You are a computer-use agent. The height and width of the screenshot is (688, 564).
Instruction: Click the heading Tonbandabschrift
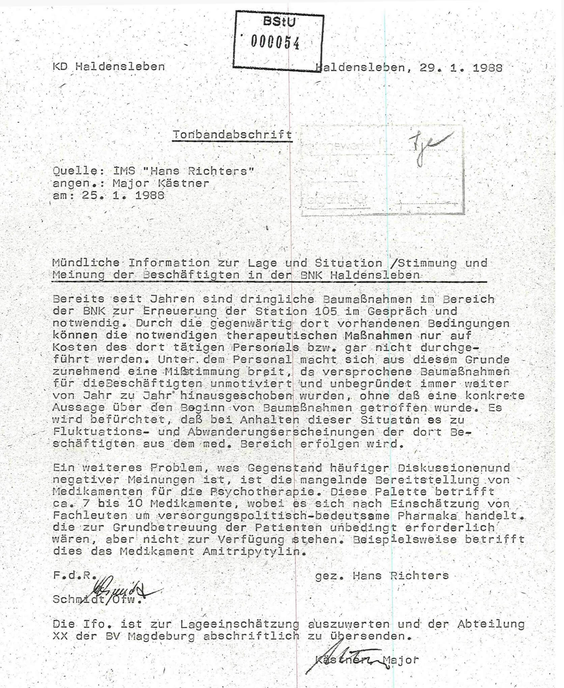point(232,135)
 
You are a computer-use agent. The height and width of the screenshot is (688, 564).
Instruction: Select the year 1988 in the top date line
point(487,68)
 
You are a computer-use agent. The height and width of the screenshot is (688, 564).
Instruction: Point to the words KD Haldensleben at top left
point(109,66)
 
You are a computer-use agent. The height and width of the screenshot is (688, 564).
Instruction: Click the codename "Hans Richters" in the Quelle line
point(199,171)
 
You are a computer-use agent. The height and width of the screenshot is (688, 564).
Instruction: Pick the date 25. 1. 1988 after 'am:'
point(123,195)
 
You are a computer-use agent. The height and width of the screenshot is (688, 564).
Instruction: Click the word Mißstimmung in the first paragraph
point(202,372)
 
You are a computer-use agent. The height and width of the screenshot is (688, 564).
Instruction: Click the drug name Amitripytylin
point(251,552)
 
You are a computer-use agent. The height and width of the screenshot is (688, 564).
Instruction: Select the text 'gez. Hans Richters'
point(382,575)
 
